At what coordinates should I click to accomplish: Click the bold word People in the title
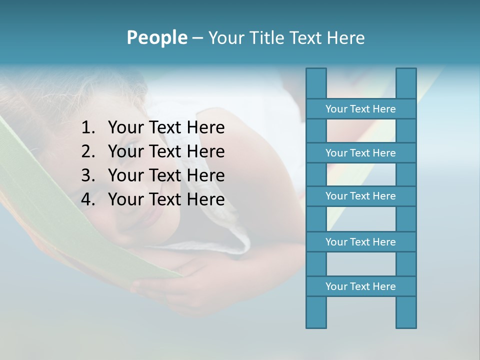pyautogui.click(x=156, y=37)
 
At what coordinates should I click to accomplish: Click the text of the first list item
pyautogui.click(x=166, y=128)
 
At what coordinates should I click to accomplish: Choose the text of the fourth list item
pyautogui.click(x=166, y=199)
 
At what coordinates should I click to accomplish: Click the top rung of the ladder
pyautogui.click(x=360, y=109)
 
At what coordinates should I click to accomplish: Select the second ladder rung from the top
pyautogui.click(x=360, y=153)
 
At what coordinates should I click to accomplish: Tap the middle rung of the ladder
pyautogui.click(x=360, y=196)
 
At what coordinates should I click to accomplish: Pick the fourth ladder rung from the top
pyautogui.click(x=360, y=242)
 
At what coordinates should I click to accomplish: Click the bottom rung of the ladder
pyautogui.click(x=360, y=286)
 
